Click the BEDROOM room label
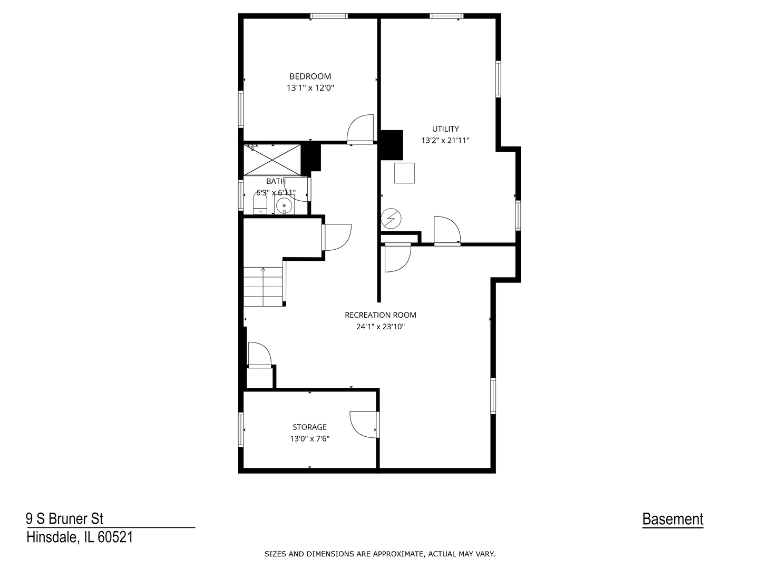coord(310,76)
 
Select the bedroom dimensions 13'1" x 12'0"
coord(310,88)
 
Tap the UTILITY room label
coord(445,129)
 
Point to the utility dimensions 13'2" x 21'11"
coord(445,140)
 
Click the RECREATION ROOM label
coord(380,315)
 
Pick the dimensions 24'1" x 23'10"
coord(380,327)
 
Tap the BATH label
coord(276,181)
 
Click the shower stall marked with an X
coord(272,160)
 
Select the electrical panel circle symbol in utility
coord(391,218)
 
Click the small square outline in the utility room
coord(404,173)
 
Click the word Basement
coord(672,519)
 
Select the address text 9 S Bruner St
coord(65,518)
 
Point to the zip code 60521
coord(115,537)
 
